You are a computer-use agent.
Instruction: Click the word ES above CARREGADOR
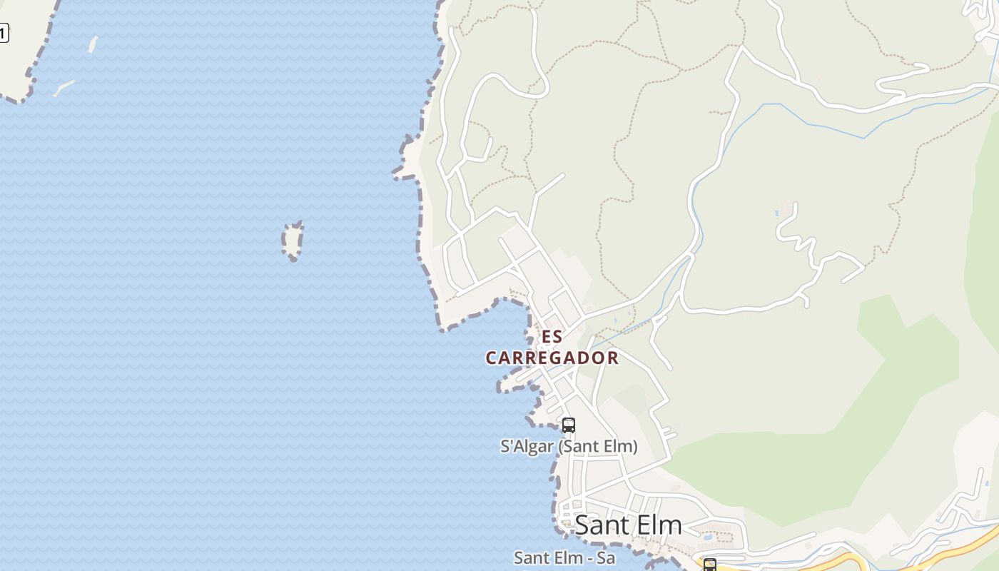(552, 337)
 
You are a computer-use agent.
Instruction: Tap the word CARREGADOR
(552, 358)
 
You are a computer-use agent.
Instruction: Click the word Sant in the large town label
(602, 525)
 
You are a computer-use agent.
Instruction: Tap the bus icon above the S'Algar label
(568, 425)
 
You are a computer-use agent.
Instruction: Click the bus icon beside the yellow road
(709, 565)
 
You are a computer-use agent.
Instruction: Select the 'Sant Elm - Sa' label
(564, 557)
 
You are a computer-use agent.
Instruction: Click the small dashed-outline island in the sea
(293, 241)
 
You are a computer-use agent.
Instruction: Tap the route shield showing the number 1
(4, 33)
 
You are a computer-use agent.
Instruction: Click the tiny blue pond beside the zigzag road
(776, 213)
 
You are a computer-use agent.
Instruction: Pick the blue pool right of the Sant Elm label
(707, 536)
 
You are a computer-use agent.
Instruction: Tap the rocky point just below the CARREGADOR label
(508, 385)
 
